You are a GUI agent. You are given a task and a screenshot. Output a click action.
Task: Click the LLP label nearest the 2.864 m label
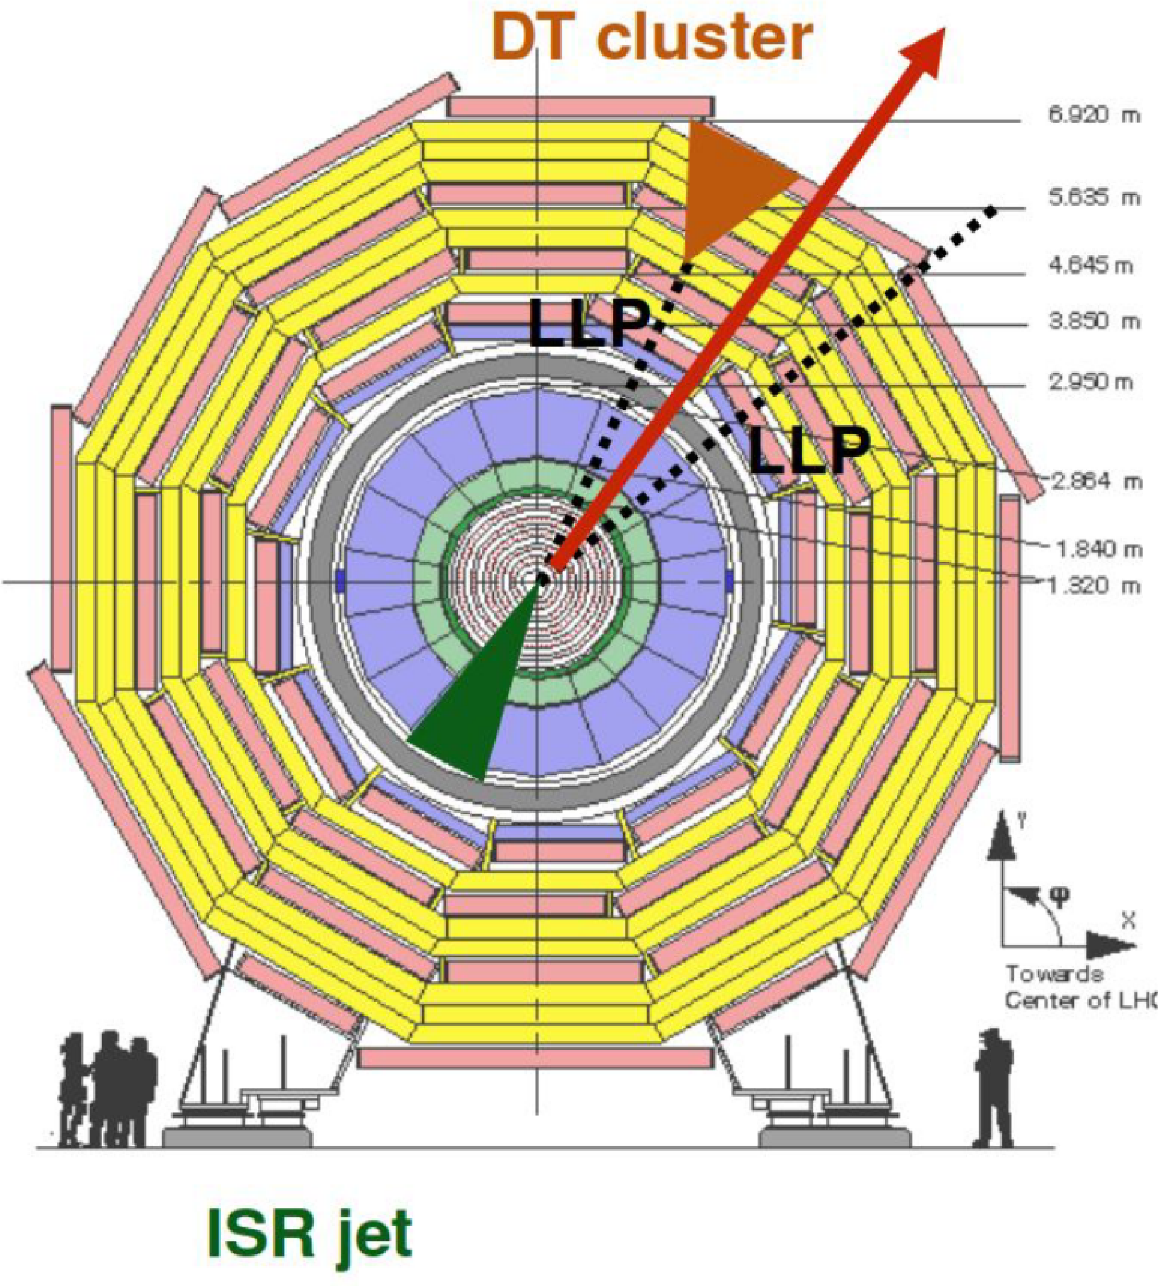click(x=808, y=451)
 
